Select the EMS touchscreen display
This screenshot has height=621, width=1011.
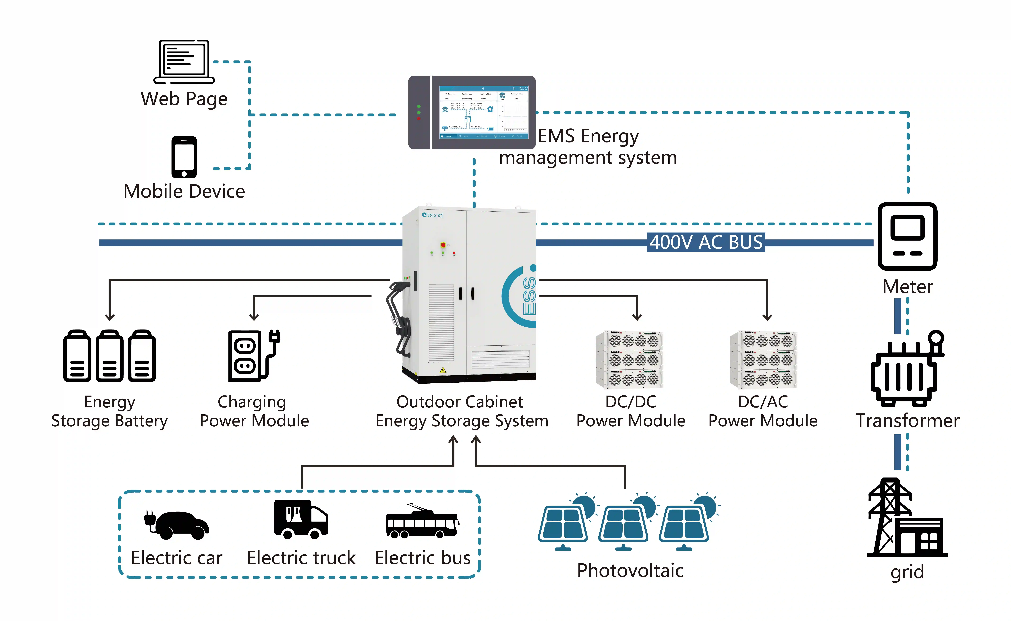coord(484,112)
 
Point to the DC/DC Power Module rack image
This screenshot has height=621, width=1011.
coord(629,359)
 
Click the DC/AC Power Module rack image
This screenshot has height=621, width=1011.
coord(763,359)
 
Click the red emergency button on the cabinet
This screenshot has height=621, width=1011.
coord(443,245)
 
